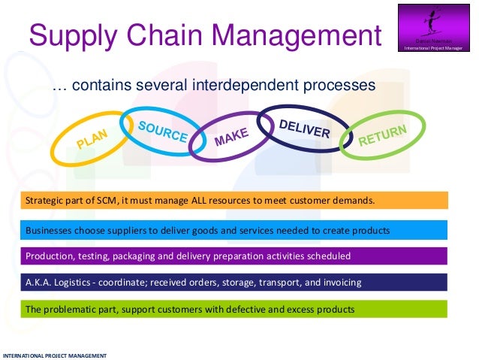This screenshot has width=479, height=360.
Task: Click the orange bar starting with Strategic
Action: tap(233, 201)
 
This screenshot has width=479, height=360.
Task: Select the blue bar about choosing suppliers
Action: tap(233, 229)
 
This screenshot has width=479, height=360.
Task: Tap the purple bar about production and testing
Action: tap(233, 256)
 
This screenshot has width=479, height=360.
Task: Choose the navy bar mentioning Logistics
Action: tap(233, 283)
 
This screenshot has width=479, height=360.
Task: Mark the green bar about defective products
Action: tap(233, 309)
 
